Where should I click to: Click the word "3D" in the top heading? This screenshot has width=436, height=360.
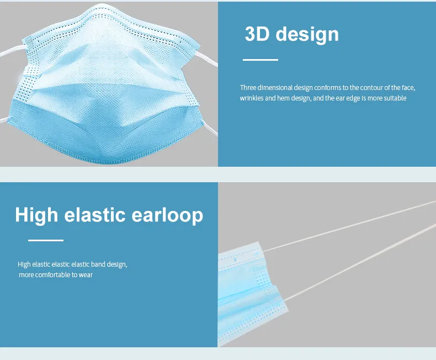click(257, 34)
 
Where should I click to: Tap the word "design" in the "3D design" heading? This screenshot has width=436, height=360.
click(307, 34)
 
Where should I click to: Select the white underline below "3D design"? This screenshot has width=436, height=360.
click(260, 60)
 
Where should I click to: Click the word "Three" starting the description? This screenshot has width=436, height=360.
click(248, 88)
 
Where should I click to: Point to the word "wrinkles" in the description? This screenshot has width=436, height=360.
click(252, 98)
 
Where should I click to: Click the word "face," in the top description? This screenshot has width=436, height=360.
click(407, 88)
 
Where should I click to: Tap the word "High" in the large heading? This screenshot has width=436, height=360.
click(37, 214)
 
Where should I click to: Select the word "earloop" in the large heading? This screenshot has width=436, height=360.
click(168, 214)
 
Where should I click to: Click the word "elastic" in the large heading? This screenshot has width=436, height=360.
click(95, 214)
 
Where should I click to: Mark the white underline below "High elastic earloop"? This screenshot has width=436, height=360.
click(46, 240)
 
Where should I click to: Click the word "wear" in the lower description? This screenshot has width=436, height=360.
click(85, 274)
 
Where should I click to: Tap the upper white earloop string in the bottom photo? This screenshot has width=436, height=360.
click(353, 226)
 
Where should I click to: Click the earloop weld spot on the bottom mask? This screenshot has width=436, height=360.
click(236, 258)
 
